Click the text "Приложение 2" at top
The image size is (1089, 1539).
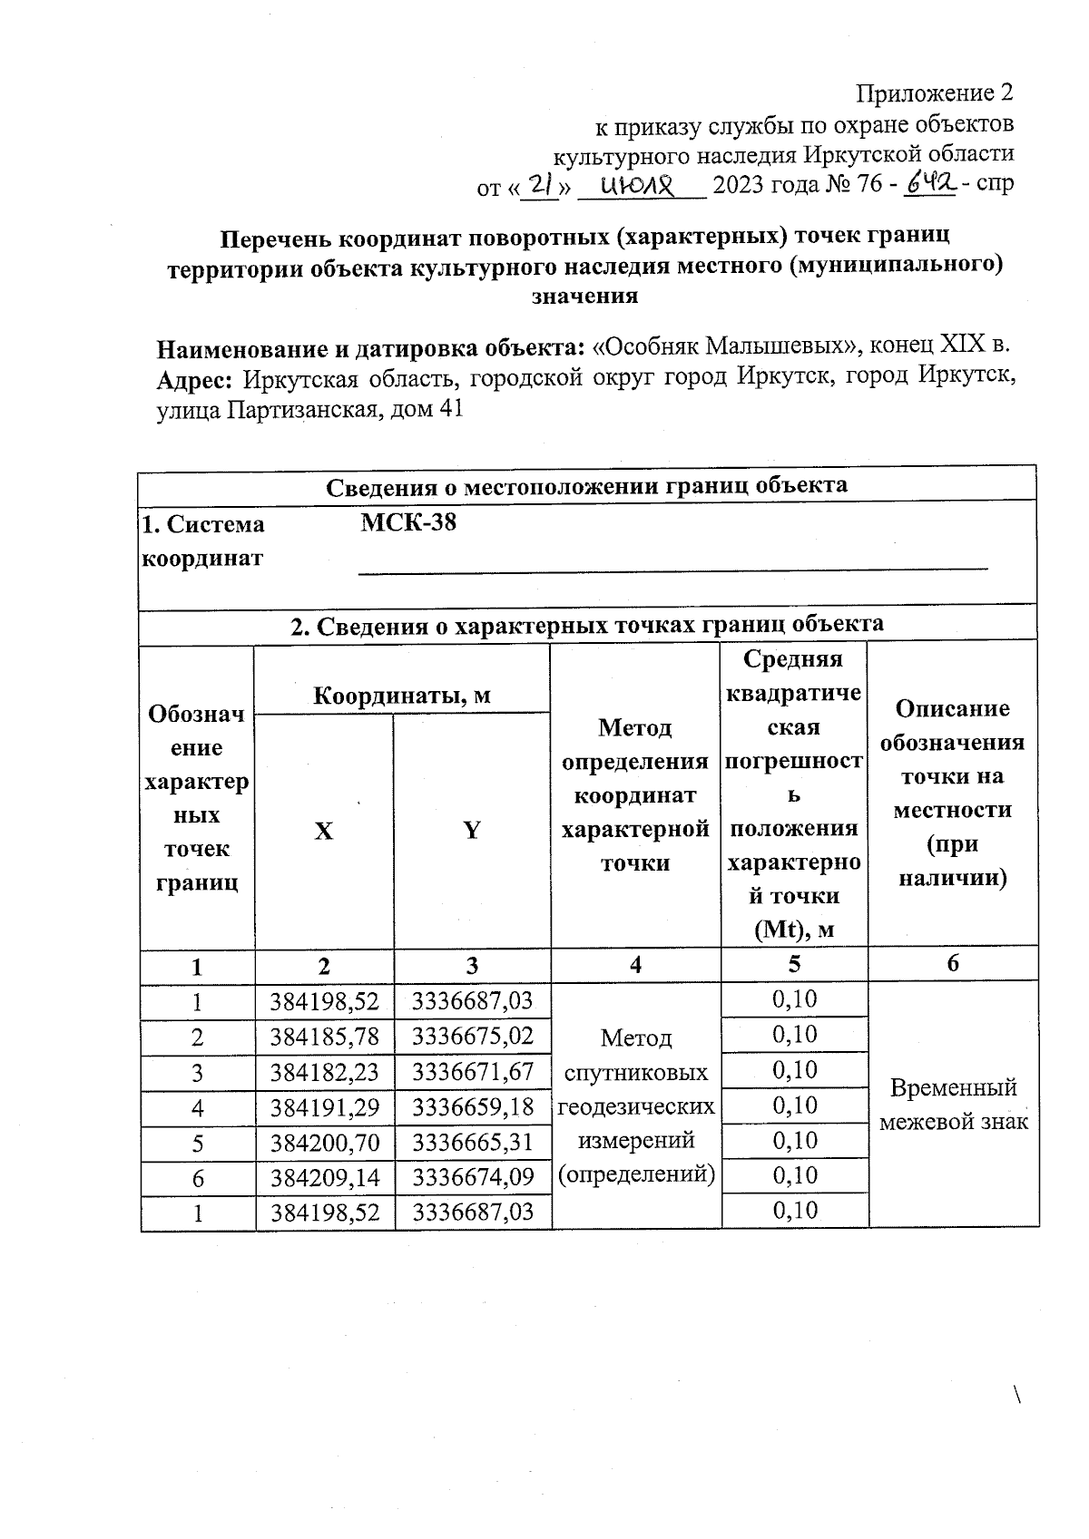click(x=935, y=93)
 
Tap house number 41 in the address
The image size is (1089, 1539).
click(x=450, y=410)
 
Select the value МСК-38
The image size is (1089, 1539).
click(x=408, y=523)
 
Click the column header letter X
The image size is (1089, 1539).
click(x=324, y=831)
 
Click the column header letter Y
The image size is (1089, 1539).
click(x=472, y=831)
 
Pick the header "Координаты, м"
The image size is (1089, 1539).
click(x=402, y=696)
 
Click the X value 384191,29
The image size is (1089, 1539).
click(x=324, y=1107)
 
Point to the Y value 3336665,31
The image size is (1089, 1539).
click(x=472, y=1142)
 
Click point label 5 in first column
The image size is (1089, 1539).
click(x=197, y=1143)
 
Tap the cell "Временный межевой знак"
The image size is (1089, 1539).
click(x=953, y=1105)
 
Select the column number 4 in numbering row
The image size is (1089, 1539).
click(x=635, y=965)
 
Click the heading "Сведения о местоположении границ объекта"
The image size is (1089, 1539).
click(x=586, y=485)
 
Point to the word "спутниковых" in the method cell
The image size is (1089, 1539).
click(x=635, y=1073)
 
